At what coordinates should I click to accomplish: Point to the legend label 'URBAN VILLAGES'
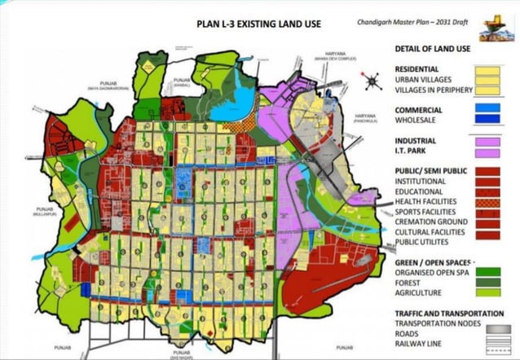pyautogui.click(x=428, y=80)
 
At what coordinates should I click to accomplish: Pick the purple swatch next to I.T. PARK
pyautogui.click(x=487, y=152)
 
